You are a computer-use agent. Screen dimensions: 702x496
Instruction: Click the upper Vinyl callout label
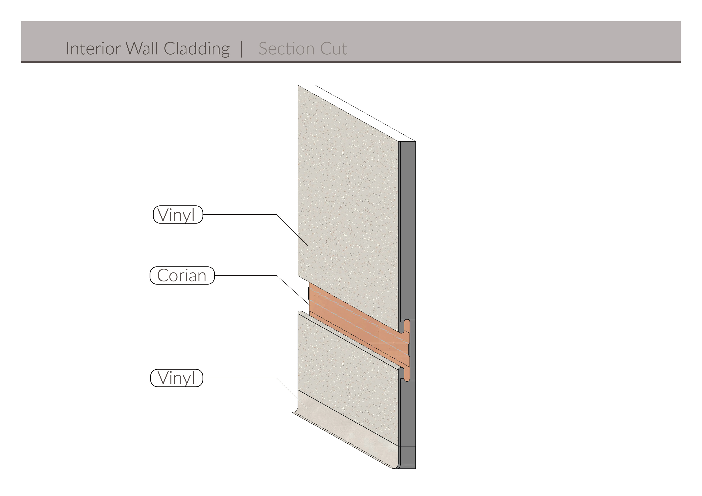[x=178, y=215]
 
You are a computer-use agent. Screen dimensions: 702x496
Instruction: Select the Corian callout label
[x=182, y=276]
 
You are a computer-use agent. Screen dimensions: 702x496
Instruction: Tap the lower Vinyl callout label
[x=176, y=378]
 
